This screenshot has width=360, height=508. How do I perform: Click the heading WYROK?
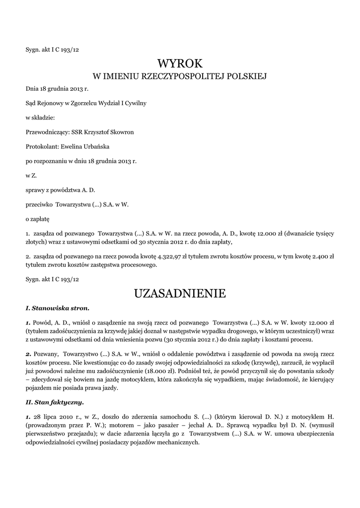(x=180, y=63)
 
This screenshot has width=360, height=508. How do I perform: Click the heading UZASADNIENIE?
(x=180, y=294)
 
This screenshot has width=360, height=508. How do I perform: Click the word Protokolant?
(x=42, y=146)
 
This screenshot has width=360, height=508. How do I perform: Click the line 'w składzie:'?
(x=40, y=118)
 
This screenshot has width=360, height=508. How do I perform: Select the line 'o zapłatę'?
(x=38, y=218)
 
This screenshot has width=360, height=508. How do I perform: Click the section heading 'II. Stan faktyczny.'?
(x=55, y=402)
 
